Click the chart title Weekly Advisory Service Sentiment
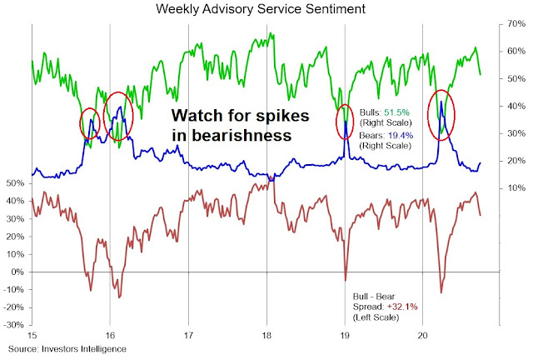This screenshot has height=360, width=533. pos(266,9)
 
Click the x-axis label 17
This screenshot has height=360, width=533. pos(189,335)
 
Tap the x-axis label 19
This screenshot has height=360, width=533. pos(345,335)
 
